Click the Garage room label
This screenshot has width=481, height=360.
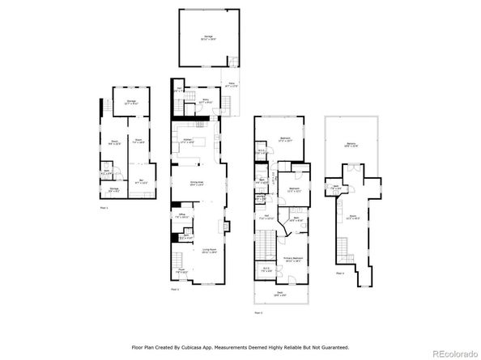click(x=209, y=39)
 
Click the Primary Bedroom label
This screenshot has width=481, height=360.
click(x=292, y=259)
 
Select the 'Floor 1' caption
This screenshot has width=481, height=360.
click(x=103, y=208)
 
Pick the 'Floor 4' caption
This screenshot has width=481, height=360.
click(x=341, y=273)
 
